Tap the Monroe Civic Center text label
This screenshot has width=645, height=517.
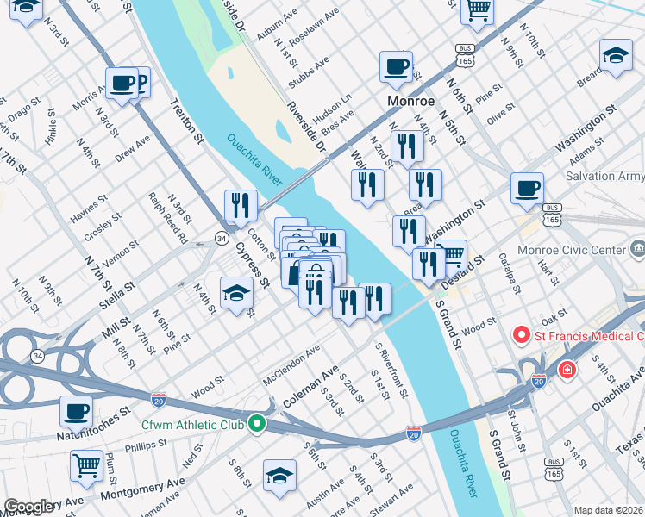[x=569, y=251]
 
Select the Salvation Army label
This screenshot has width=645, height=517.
[x=604, y=177]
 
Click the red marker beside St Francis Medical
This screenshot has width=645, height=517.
[x=521, y=334]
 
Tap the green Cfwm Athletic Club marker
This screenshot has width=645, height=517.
[x=256, y=423]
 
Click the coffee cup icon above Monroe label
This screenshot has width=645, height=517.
[x=397, y=66]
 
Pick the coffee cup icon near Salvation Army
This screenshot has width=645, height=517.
[x=527, y=187]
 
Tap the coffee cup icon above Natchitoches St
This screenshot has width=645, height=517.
[x=77, y=411]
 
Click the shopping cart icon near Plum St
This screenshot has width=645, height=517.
[x=87, y=465]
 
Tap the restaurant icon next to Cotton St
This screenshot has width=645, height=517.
[x=241, y=205]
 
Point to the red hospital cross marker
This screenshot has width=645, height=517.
[x=567, y=370]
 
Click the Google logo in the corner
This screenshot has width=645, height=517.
[x=30, y=507]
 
